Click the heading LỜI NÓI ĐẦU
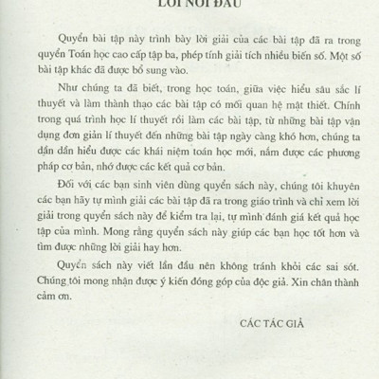(x=189, y=5)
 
